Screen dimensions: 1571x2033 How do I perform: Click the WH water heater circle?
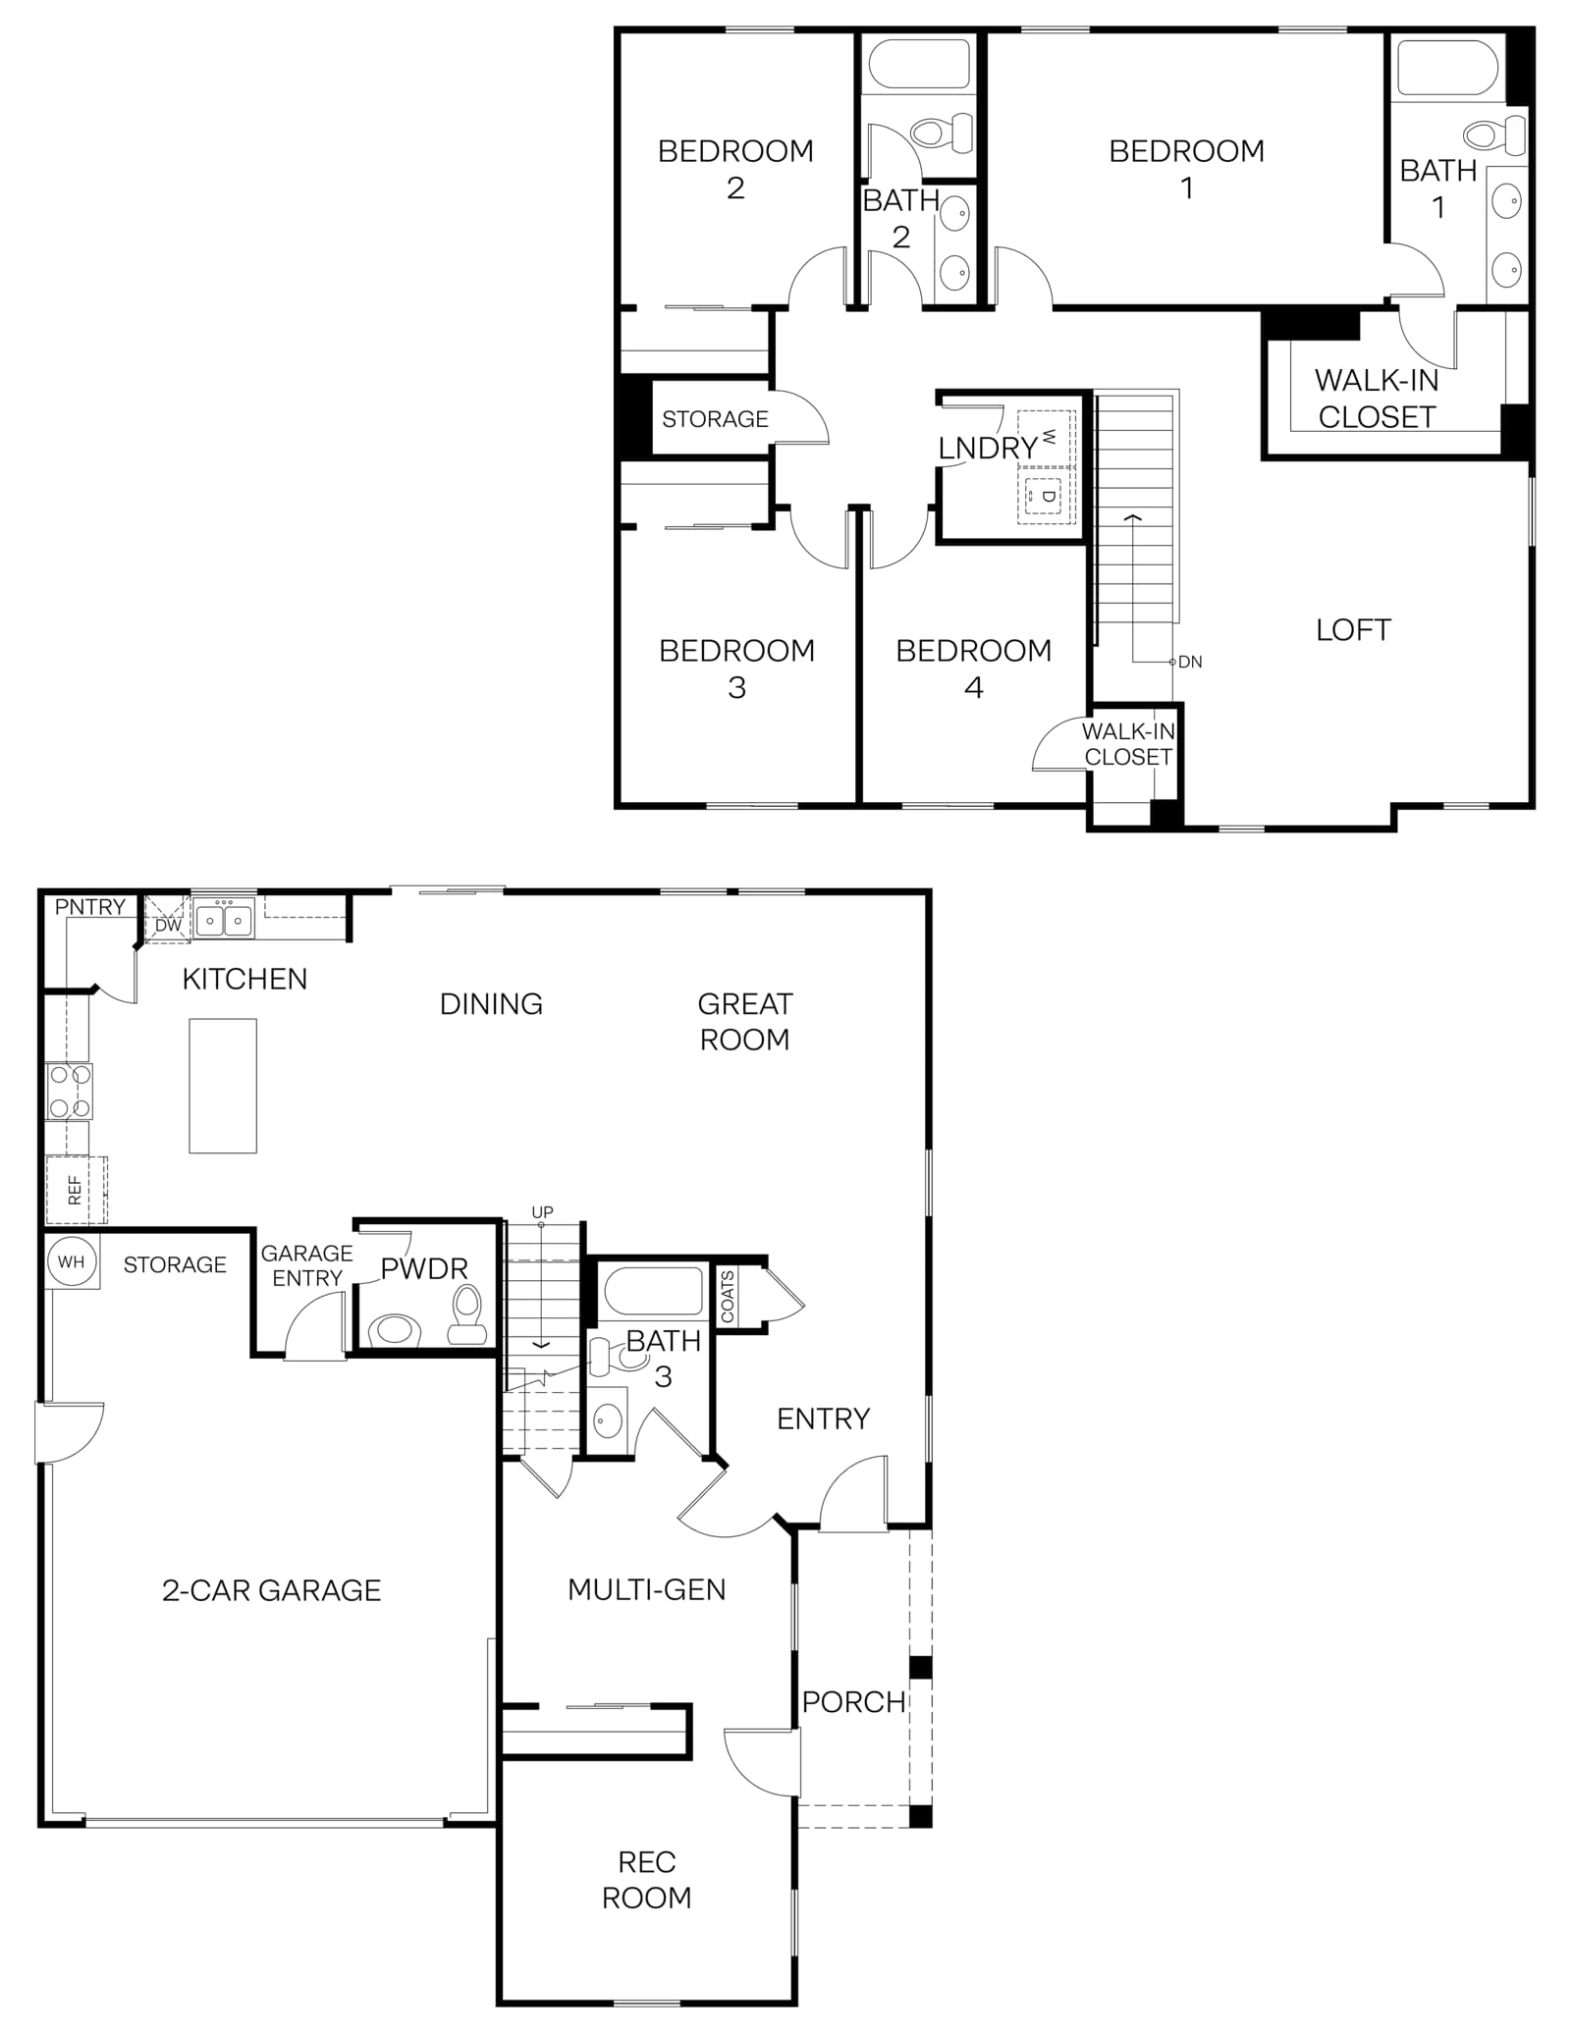72,1261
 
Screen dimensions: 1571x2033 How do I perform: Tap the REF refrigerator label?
75,1191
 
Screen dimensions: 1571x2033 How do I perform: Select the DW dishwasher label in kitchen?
168,925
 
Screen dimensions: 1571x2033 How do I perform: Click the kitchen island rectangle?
223,1085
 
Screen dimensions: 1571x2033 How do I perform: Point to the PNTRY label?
90,907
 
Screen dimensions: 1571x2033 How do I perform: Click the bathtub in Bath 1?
1447,67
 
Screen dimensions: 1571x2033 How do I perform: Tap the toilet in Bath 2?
941,133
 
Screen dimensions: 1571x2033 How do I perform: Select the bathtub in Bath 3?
651,1291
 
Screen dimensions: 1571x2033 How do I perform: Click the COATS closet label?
728,1296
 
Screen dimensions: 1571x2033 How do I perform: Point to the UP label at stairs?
542,1212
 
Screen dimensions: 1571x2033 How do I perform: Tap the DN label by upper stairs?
1190,662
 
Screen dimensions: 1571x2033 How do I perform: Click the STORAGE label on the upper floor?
715,419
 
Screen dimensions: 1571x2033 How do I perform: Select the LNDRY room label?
988,448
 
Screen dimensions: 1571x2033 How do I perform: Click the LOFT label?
1353,629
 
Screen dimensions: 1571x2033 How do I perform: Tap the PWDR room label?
424,1268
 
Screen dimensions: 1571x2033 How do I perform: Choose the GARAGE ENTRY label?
307,1265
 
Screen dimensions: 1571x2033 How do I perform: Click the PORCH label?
853,1701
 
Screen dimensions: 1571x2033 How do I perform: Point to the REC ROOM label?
646,1880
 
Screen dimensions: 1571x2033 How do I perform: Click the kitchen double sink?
224,920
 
